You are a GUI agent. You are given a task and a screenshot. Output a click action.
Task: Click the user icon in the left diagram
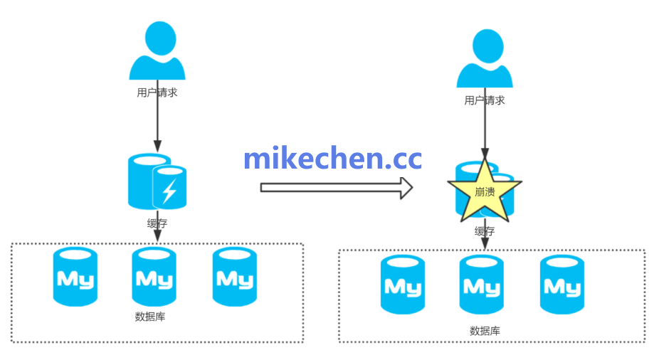point(157,51)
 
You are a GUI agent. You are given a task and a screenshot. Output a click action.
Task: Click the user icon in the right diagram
point(485,58)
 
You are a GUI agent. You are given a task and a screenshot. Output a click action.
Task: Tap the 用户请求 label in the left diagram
point(157,92)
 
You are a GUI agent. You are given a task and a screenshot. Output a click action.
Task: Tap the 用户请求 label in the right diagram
point(485,100)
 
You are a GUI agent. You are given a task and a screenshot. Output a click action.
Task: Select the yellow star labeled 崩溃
point(484,191)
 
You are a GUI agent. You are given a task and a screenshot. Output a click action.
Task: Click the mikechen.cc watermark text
point(332,158)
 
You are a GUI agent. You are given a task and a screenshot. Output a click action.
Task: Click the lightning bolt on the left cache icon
point(169,191)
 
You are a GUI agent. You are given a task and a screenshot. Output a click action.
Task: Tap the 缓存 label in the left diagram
point(157,223)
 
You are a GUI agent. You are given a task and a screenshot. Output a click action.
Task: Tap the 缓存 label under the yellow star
point(485,231)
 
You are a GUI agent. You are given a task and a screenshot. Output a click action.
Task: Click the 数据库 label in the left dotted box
point(150,317)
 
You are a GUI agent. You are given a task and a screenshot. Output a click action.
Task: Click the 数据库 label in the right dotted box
point(485,331)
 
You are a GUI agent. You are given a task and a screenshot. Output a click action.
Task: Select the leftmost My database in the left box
point(75,277)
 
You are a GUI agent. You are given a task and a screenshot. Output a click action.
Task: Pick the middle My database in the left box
point(154,277)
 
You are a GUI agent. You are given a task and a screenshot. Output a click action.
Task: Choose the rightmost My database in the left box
point(234,277)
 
